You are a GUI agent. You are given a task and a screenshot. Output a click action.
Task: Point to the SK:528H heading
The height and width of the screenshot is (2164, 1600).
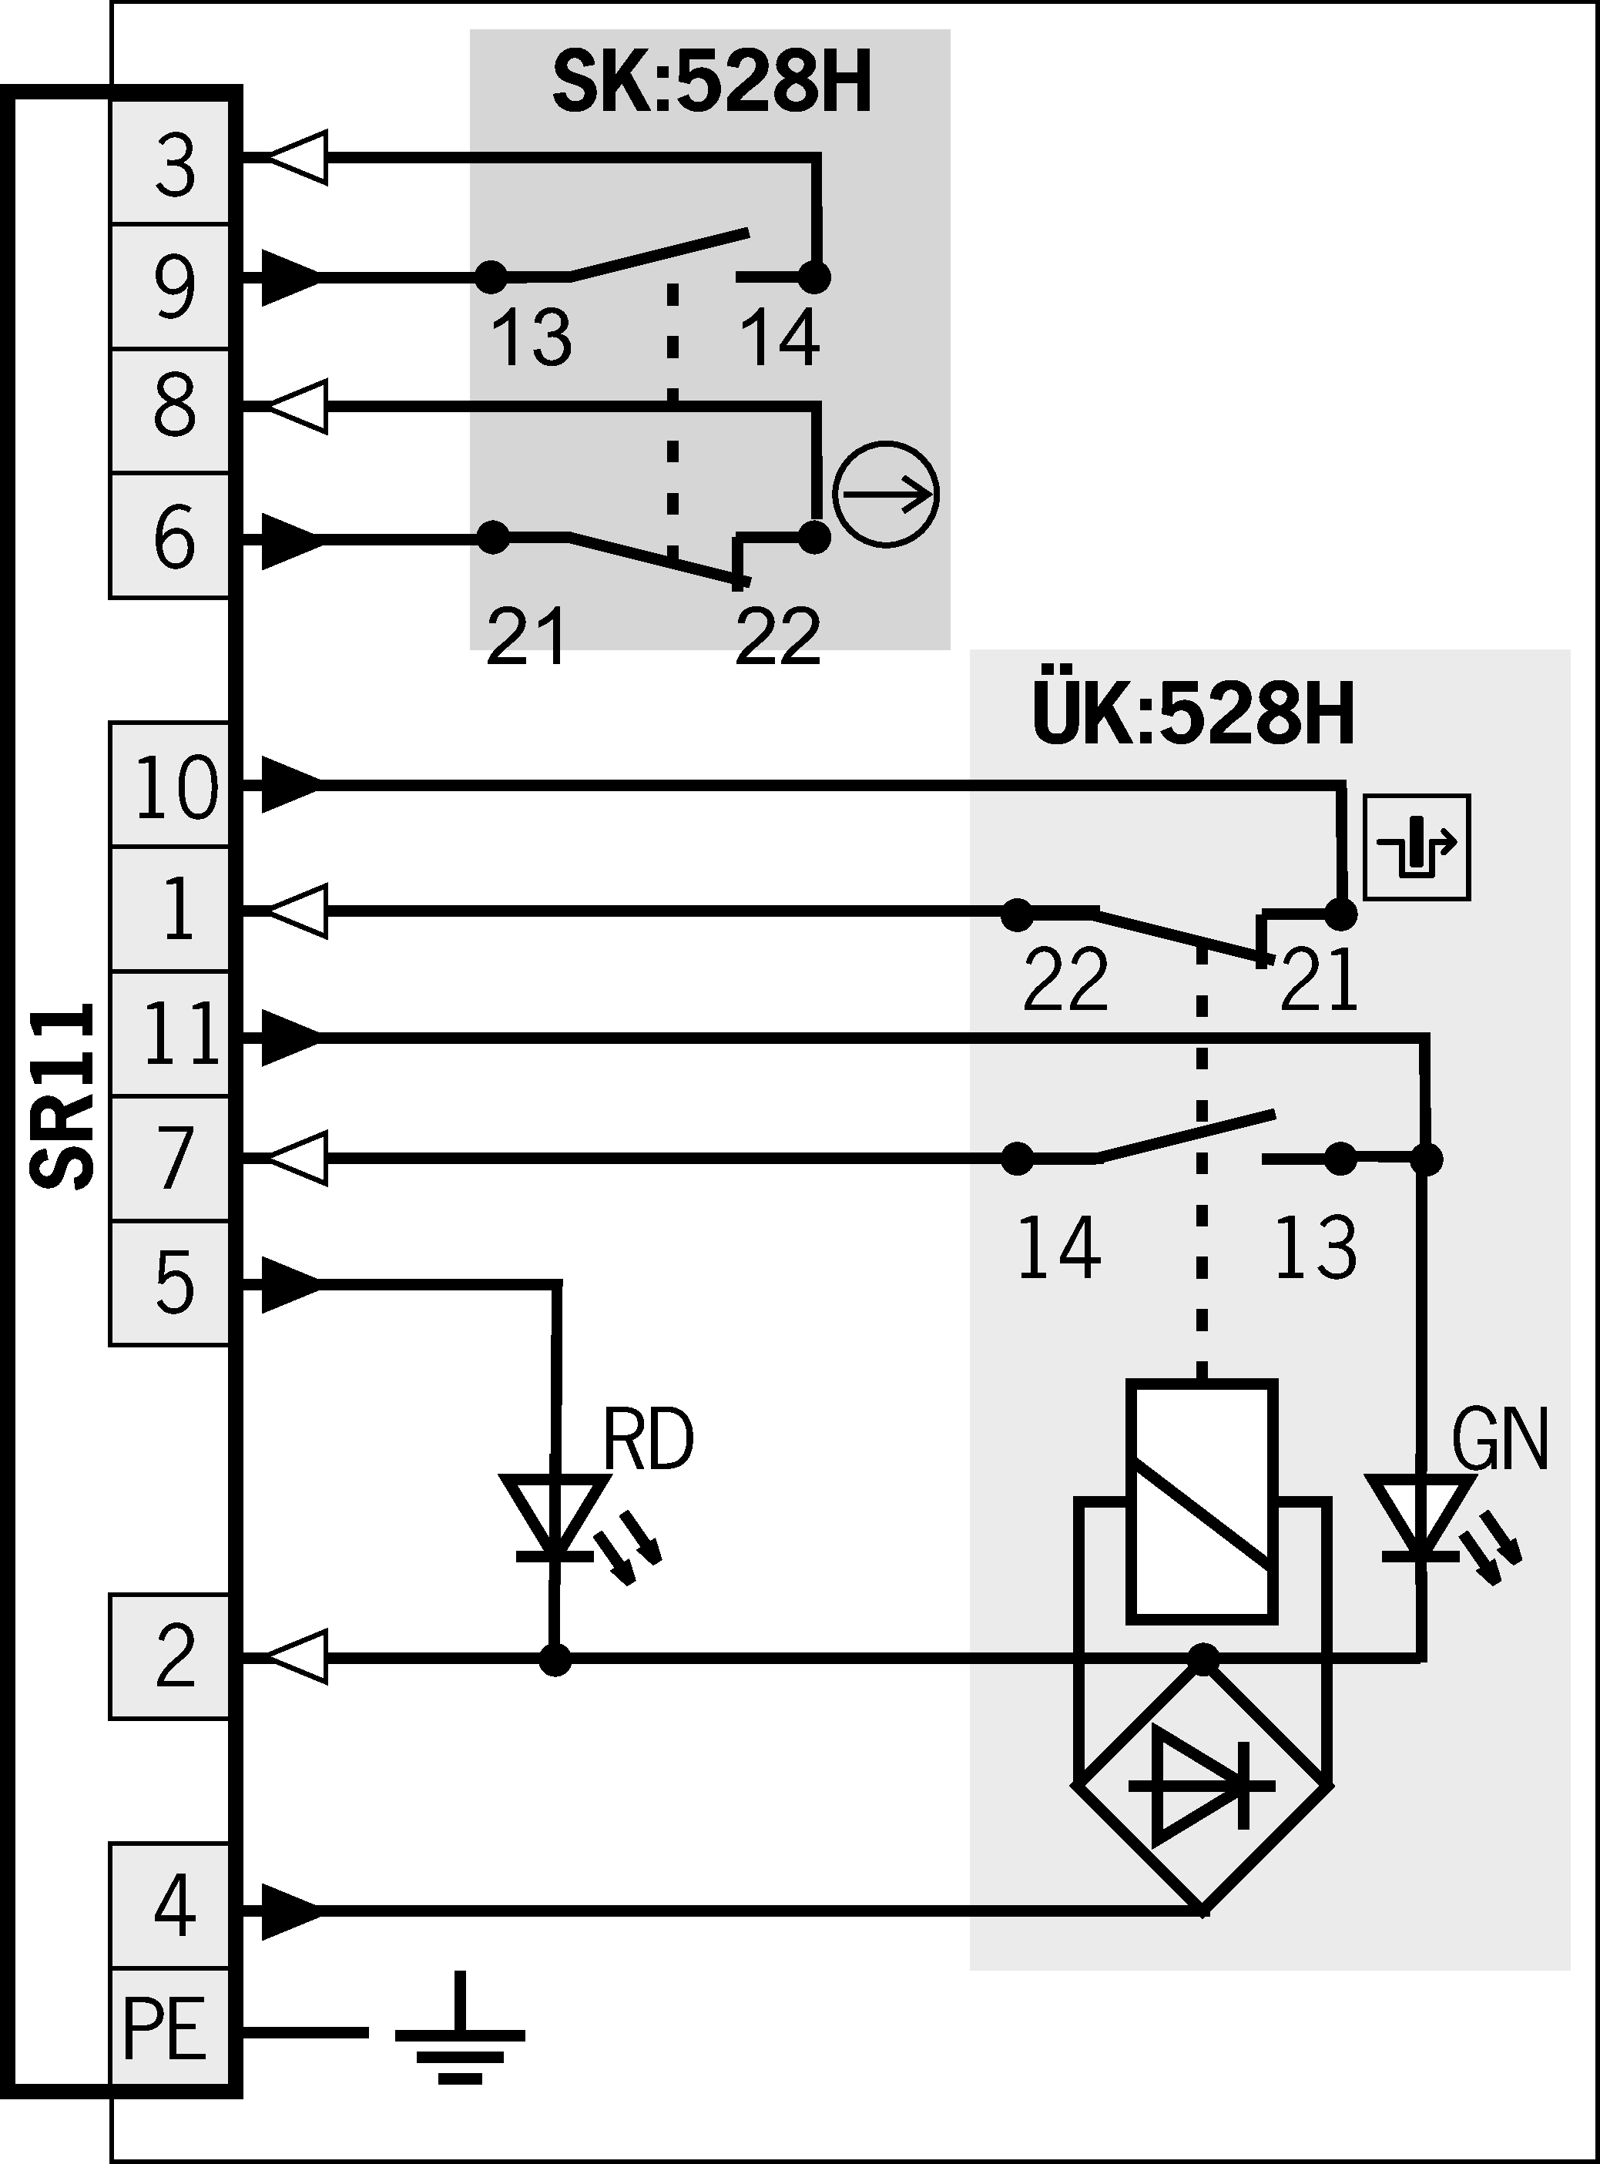tap(712, 86)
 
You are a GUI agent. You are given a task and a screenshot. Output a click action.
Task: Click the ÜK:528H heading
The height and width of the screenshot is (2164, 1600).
tap(1193, 716)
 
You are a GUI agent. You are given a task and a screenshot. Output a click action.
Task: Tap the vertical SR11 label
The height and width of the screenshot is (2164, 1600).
tap(64, 1095)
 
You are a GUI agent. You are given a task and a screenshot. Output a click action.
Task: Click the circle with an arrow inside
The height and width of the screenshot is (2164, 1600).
tap(886, 494)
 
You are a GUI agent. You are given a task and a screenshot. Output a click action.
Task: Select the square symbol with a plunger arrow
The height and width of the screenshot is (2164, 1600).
tap(1416, 847)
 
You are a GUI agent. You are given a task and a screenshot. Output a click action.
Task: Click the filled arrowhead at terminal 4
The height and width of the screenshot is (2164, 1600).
tap(290, 1912)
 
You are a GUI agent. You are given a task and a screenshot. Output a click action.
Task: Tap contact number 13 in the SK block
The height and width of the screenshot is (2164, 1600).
tap(531, 336)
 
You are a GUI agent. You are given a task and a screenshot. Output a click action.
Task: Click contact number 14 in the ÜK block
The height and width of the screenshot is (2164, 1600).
tap(1058, 1248)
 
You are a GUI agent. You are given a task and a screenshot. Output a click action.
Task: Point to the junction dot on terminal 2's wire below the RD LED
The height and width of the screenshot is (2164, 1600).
tap(555, 1659)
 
